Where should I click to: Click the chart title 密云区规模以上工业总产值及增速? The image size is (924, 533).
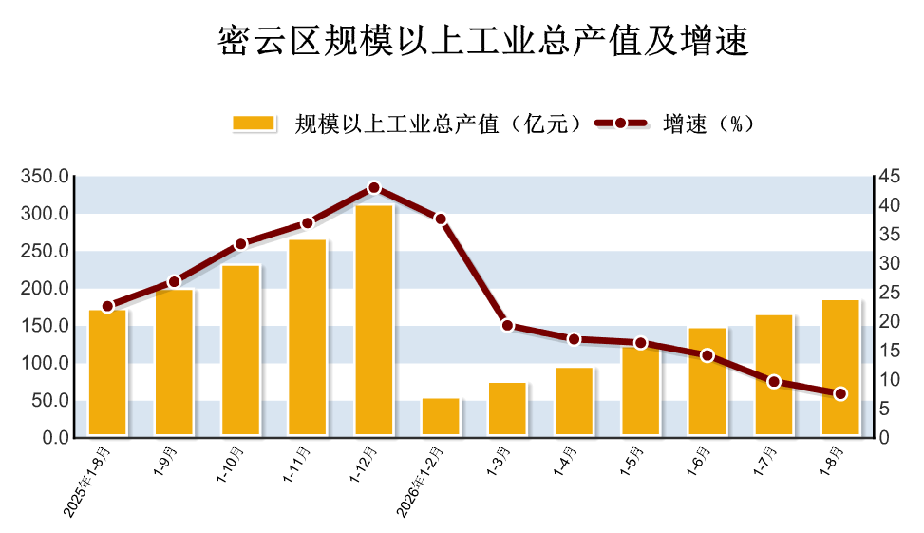click(483, 40)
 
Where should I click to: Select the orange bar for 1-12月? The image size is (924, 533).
click(373, 320)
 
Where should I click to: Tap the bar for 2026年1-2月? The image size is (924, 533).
click(441, 417)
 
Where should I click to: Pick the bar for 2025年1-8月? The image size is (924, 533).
click(107, 372)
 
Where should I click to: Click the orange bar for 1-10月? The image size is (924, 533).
click(240, 351)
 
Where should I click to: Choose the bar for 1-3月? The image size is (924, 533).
click(507, 409)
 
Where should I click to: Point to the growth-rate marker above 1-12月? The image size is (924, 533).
click(373, 188)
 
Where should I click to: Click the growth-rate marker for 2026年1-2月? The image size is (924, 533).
click(441, 219)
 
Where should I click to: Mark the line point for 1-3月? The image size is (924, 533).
click(507, 326)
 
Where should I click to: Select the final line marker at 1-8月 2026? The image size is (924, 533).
click(841, 394)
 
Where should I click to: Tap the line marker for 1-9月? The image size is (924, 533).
click(174, 282)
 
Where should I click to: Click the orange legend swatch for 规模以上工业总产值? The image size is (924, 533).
click(254, 124)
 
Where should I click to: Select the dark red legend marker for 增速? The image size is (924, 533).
click(620, 124)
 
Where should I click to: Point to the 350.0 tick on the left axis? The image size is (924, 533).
click(45, 176)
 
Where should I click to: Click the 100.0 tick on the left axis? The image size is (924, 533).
click(45, 363)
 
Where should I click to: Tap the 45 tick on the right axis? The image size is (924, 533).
click(890, 176)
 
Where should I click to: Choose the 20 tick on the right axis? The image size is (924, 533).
click(890, 321)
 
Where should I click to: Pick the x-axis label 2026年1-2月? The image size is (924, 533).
click(420, 481)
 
